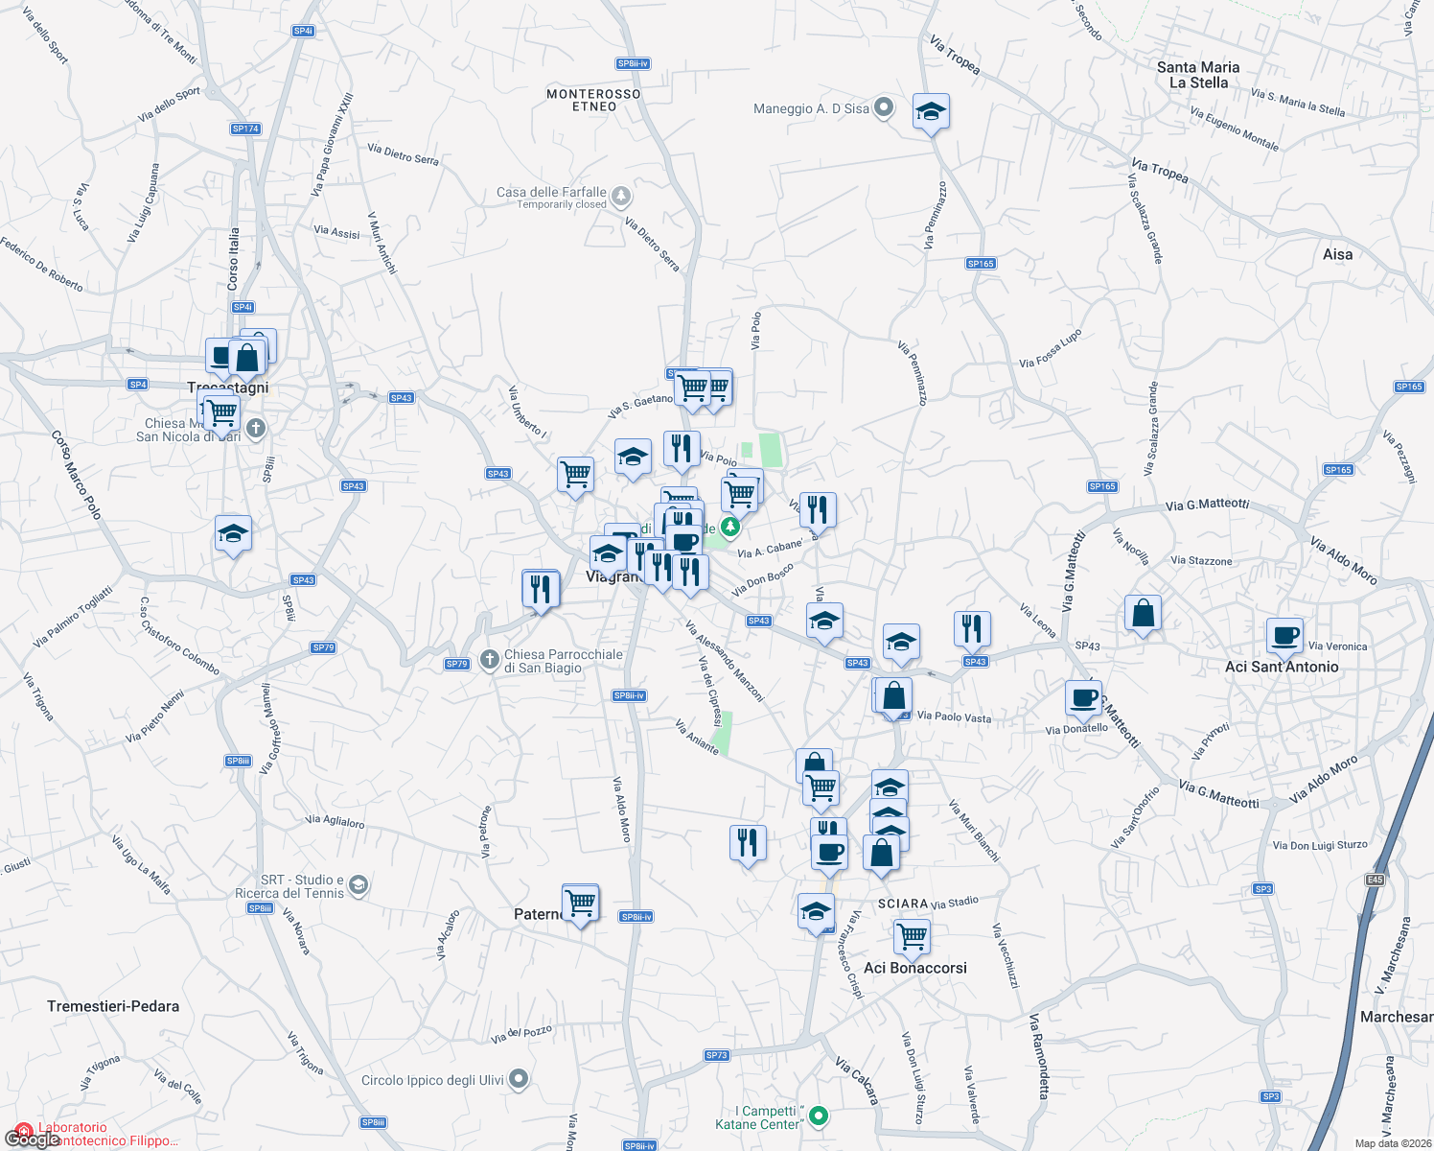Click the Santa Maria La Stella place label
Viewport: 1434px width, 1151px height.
coord(1198,75)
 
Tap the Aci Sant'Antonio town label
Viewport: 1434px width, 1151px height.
coord(1282,667)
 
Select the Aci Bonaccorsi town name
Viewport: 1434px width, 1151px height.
coord(915,968)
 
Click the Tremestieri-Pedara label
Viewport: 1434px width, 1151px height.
coord(113,1006)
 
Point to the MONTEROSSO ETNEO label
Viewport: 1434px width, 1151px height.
coord(593,100)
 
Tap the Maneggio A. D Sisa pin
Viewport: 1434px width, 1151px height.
coord(884,108)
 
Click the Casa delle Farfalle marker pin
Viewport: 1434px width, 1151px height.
coord(621,197)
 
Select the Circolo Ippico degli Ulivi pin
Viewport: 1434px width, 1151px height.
coord(519,1080)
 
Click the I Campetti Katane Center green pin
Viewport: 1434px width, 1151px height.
coord(819,1116)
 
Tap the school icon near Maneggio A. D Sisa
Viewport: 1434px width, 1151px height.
coord(931,113)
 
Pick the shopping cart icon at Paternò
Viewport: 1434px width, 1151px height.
coord(580,903)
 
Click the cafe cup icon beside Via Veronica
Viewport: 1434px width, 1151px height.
coord(1284,635)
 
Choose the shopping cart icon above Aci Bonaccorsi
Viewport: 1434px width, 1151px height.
coord(912,935)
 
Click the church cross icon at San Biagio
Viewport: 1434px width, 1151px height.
coord(489,659)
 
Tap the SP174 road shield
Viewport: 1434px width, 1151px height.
coord(245,129)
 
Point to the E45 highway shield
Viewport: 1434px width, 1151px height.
coord(1376,880)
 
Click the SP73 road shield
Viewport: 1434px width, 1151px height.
coord(717,1055)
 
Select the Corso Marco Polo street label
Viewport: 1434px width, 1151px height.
coord(76,475)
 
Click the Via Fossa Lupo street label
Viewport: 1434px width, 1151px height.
coord(1051,349)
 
